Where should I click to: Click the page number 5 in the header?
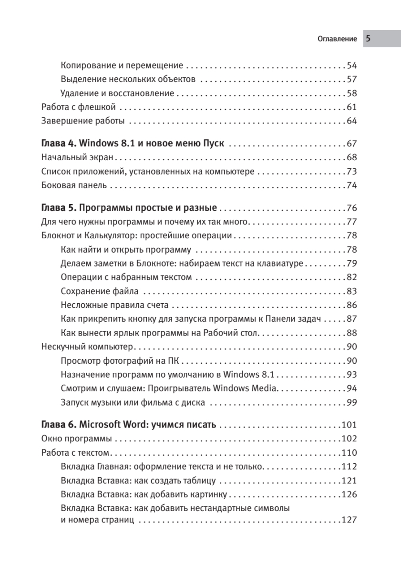369,39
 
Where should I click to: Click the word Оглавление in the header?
337,39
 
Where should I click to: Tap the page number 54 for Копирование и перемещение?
352,65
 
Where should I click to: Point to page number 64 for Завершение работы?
352,121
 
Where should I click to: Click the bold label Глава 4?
58,143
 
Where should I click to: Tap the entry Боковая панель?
74,185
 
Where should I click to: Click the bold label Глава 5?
58,208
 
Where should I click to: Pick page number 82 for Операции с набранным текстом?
352,277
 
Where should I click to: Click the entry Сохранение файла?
100,291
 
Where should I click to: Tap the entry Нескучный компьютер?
87,346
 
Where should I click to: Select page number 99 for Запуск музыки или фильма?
352,402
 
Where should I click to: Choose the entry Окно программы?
77,439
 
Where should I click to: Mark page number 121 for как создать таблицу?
350,480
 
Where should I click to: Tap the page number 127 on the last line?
350,520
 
